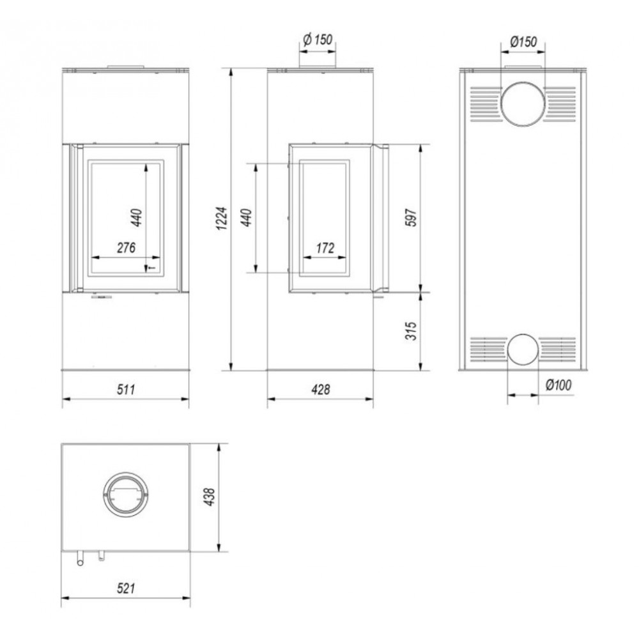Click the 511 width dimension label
(x=126, y=390)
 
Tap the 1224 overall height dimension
(x=221, y=219)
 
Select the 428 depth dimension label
(x=321, y=390)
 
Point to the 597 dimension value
(x=412, y=217)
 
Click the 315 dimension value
(x=412, y=331)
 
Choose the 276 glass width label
(x=127, y=247)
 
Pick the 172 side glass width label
(x=325, y=247)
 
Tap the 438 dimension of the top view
(x=209, y=497)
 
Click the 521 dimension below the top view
(x=126, y=588)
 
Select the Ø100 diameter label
(x=558, y=384)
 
